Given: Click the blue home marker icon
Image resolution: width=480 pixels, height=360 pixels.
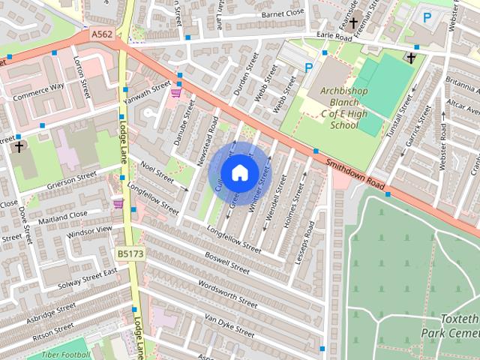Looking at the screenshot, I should [238, 172].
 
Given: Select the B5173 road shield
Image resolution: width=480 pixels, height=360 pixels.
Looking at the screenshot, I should [130, 253].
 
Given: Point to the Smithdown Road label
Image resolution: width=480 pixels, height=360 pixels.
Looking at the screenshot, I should [356, 173].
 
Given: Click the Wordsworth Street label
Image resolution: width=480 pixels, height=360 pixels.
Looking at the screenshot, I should [226, 294].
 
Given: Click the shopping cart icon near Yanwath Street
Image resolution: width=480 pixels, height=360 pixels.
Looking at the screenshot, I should [176, 93].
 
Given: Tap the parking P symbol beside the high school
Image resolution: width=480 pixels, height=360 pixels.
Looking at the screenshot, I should [308, 67].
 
